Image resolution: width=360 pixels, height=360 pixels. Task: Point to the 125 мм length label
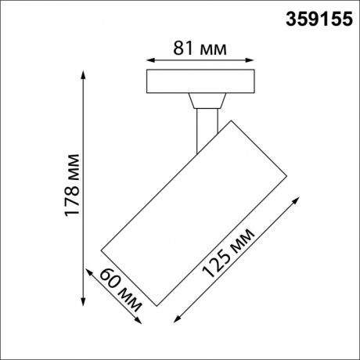click(x=229, y=254)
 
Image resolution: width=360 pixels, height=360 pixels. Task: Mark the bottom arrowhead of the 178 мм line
click(x=83, y=301)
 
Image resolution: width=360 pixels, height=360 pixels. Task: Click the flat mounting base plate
click(x=200, y=81)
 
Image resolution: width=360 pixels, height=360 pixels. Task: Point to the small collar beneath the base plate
click(x=207, y=99)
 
